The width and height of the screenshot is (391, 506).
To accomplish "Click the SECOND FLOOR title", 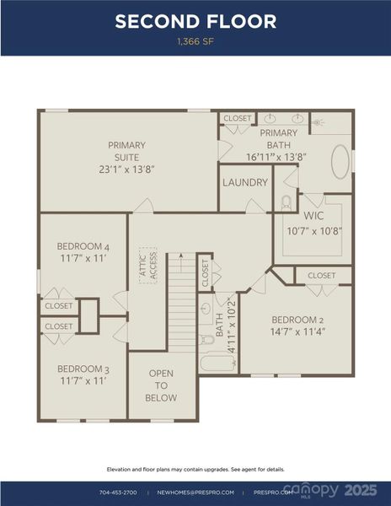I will [195, 21].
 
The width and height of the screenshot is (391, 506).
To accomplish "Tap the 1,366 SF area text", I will [195, 40].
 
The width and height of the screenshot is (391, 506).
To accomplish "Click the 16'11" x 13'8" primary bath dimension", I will [276, 157].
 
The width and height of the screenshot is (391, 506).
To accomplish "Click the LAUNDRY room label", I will [245, 182].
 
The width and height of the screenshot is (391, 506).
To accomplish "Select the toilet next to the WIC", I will [285, 202].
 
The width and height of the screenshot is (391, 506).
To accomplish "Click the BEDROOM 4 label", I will [83, 246].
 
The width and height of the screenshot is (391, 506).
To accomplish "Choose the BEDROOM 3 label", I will [83, 369].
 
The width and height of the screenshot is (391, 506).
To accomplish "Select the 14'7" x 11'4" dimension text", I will [297, 331].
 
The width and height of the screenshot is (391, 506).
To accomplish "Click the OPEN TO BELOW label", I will [161, 385].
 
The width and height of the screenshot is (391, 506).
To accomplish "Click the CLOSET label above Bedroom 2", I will [321, 276].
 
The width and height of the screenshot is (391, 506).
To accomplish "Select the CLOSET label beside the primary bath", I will [238, 119].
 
